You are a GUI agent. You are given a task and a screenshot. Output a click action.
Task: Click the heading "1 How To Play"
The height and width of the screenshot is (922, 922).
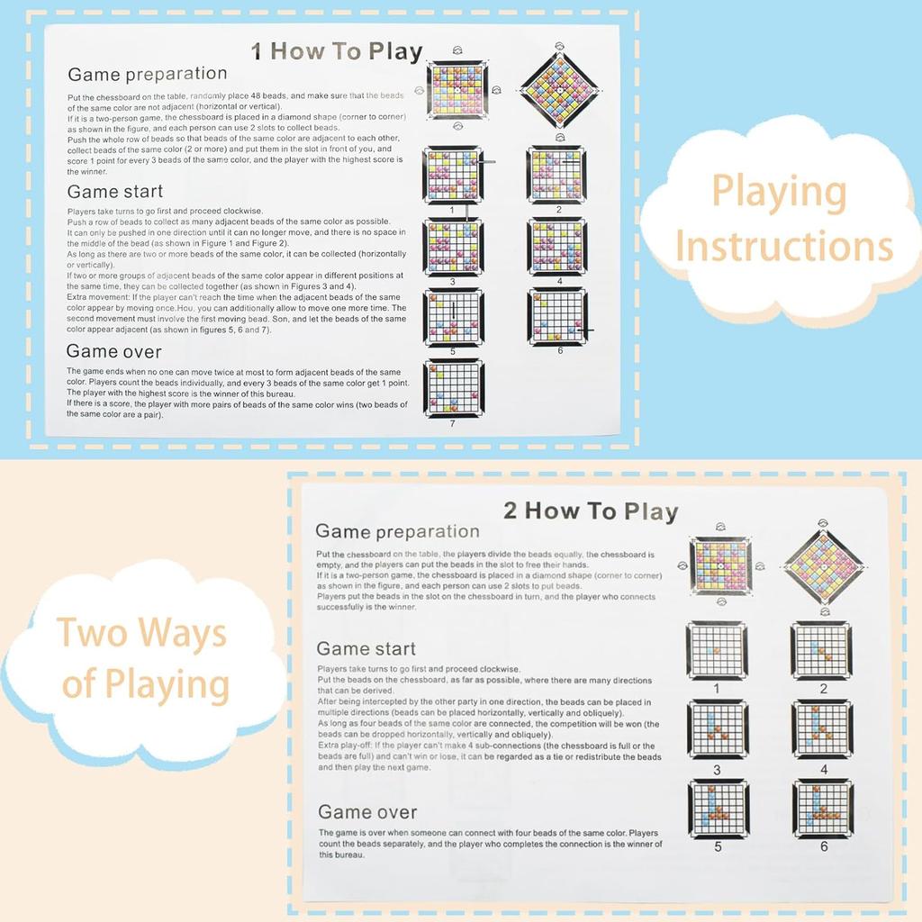pyautogui.click(x=336, y=50)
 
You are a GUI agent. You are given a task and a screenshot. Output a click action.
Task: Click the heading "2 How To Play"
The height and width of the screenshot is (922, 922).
pyautogui.click(x=590, y=511)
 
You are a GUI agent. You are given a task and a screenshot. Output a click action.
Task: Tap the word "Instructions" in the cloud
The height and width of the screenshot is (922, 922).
pyautogui.click(x=783, y=246)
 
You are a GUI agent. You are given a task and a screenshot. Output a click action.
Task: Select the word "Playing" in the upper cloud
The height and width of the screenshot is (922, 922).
pyautogui.click(x=779, y=192)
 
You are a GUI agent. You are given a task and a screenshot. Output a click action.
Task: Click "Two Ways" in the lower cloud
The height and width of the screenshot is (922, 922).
pyautogui.click(x=142, y=633)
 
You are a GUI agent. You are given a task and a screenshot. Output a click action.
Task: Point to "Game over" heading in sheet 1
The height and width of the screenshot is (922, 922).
pyautogui.click(x=113, y=351)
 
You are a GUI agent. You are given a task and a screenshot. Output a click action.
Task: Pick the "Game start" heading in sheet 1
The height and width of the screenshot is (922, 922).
pyautogui.click(x=115, y=191)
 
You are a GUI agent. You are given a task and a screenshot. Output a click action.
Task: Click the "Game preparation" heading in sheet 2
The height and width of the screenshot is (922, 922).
pyautogui.click(x=397, y=531)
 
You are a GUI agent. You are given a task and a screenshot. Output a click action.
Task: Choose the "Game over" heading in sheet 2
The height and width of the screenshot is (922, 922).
pyautogui.click(x=366, y=811)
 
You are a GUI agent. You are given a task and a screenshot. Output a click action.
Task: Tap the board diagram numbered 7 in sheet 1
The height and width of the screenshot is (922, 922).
pyautogui.click(x=453, y=388)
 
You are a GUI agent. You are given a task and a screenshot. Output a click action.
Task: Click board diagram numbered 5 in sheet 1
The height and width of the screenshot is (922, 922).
pyautogui.click(x=453, y=317)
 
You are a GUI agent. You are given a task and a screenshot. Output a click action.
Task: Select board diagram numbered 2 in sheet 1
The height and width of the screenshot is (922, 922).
pyautogui.click(x=556, y=175)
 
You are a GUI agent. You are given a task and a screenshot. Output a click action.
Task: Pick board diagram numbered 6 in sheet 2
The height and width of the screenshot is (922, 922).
pyautogui.click(x=823, y=809)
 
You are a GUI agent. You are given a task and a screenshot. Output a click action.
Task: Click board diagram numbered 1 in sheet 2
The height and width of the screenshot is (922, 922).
pyautogui.click(x=717, y=650)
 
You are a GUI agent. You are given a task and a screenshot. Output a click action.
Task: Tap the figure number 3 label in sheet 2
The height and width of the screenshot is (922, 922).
pyautogui.click(x=717, y=770)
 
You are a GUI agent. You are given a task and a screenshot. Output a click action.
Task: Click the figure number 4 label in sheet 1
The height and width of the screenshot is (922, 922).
pyautogui.click(x=558, y=281)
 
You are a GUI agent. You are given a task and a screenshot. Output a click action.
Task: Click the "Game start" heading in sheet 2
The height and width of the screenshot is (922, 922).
pyautogui.click(x=366, y=648)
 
